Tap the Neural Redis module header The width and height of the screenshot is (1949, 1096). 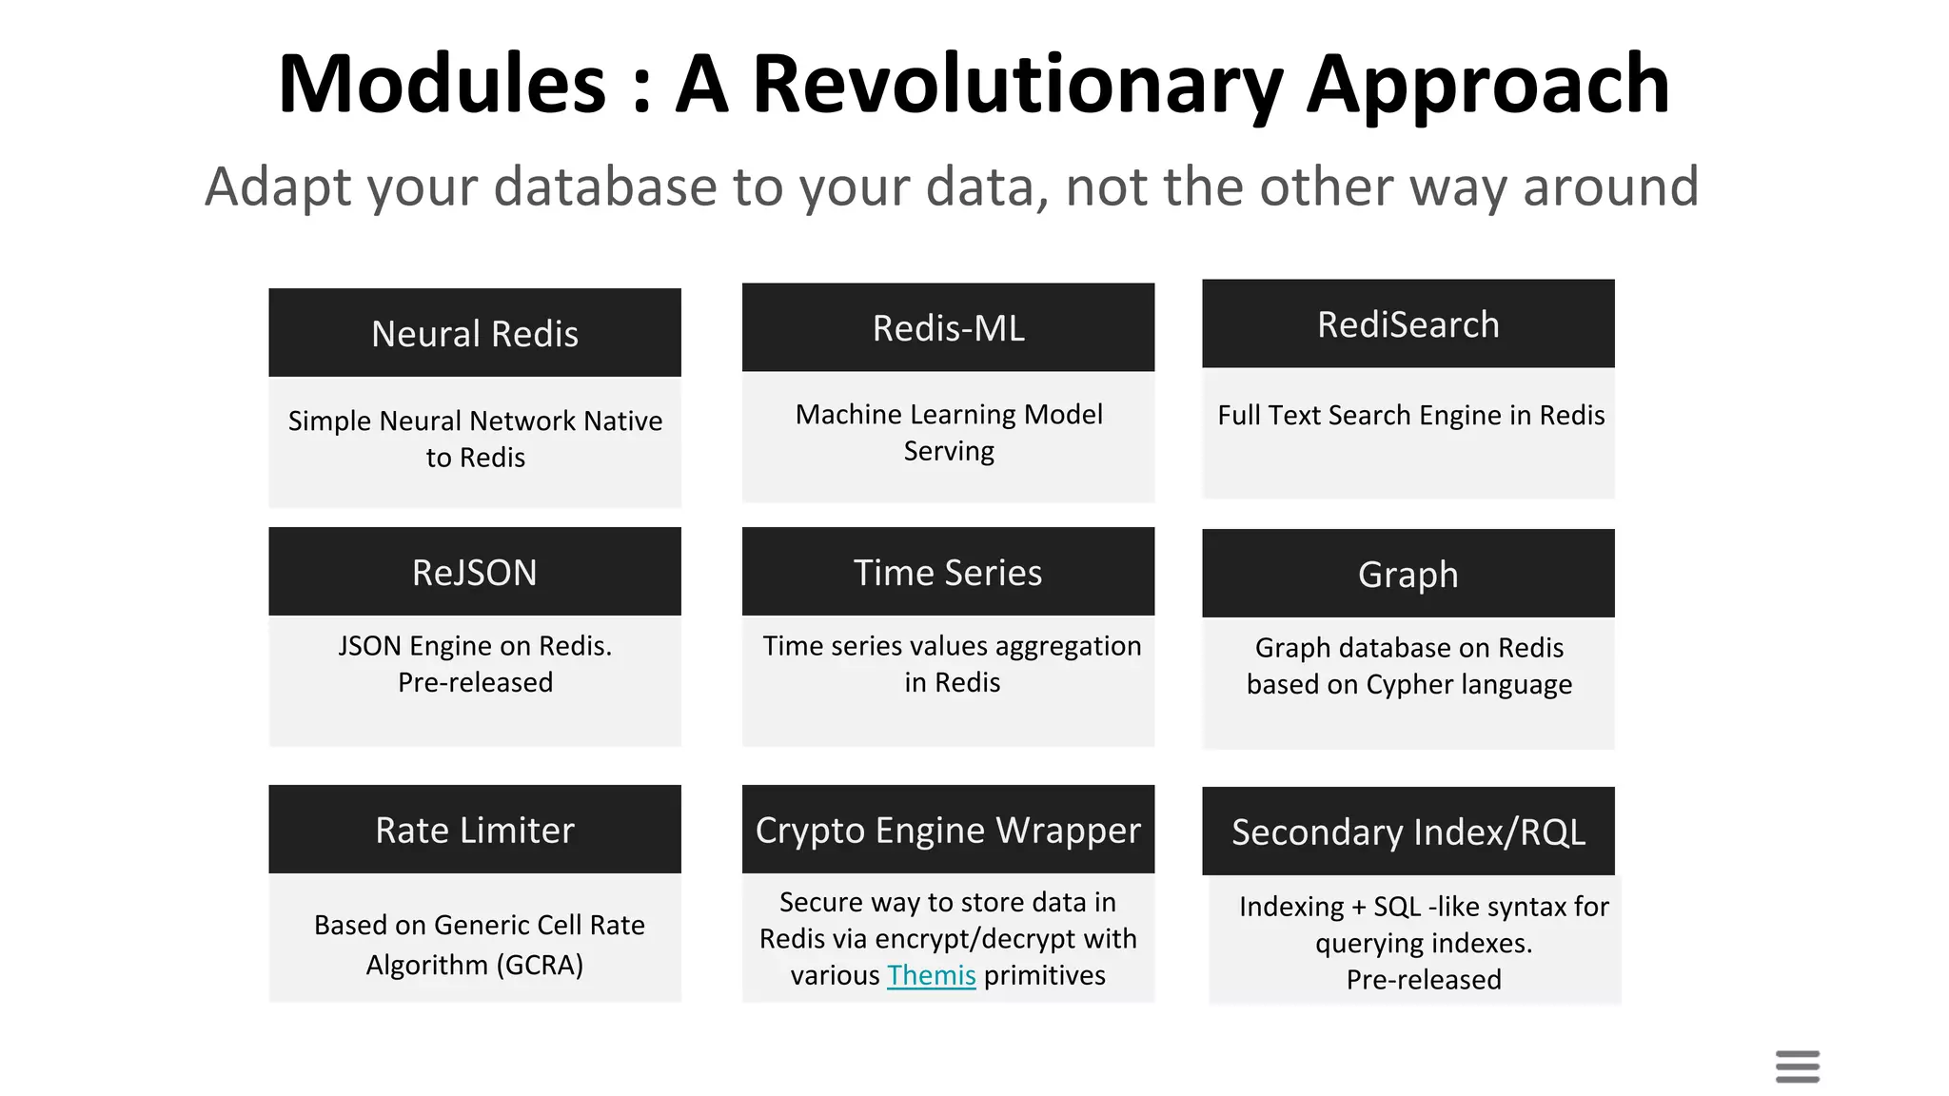pos(474,333)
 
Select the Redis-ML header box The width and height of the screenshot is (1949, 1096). pos(948,327)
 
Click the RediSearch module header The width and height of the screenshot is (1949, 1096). pos(1408,324)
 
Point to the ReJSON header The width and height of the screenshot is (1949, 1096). pos(474,572)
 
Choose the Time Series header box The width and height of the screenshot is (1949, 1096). pos(948,572)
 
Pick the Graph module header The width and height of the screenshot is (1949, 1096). pos(1408,574)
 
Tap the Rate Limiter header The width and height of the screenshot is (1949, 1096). pos(474,830)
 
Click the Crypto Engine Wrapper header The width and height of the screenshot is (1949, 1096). pos(948,830)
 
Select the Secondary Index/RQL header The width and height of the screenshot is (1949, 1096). pos(1408,832)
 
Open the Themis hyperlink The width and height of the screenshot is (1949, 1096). pos(931,975)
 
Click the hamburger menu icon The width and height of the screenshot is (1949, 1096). pos(1797,1066)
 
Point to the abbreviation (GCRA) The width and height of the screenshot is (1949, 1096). pos(540,965)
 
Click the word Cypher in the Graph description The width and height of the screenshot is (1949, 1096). pos(1405,684)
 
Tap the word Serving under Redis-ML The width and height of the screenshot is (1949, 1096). pos(948,451)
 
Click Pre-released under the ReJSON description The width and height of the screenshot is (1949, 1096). pos(475,682)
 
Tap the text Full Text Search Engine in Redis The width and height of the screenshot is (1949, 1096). pos(1410,415)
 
